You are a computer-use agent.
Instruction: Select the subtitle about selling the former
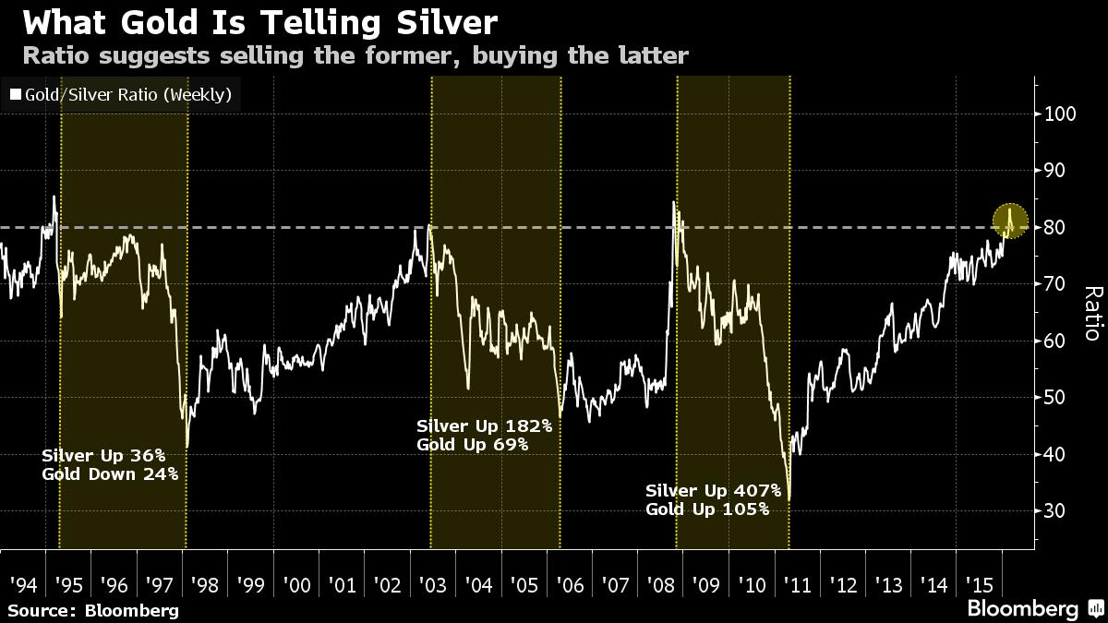pos(355,56)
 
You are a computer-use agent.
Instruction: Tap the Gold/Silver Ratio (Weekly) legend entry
pos(120,94)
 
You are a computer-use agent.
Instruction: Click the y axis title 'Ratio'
pos(1092,314)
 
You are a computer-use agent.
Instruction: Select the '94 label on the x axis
pos(23,584)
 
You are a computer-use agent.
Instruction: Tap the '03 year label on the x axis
pos(433,584)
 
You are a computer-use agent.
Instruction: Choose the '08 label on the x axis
pos(661,584)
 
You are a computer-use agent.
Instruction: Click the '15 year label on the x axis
pos(979,584)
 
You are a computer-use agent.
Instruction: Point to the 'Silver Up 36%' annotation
pos(103,456)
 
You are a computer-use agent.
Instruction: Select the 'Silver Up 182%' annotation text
pos(484,426)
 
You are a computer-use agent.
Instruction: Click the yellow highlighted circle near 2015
pos(1010,222)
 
